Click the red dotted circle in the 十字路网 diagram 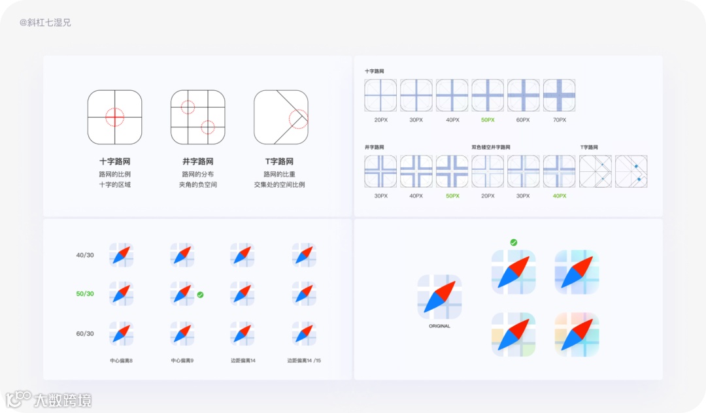(x=114, y=117)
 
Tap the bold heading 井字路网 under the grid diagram (x=198, y=161)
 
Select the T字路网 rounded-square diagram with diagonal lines (x=281, y=117)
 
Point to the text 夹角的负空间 (x=198, y=185)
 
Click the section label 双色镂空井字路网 (x=491, y=148)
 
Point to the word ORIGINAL (x=439, y=326)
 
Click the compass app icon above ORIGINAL (x=439, y=297)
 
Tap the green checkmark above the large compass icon (x=514, y=242)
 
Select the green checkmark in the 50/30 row (x=200, y=295)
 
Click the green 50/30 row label (x=85, y=294)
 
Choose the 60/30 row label (x=85, y=334)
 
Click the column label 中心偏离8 (x=122, y=361)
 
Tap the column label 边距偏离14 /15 (x=304, y=361)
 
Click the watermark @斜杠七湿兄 (x=45, y=23)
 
